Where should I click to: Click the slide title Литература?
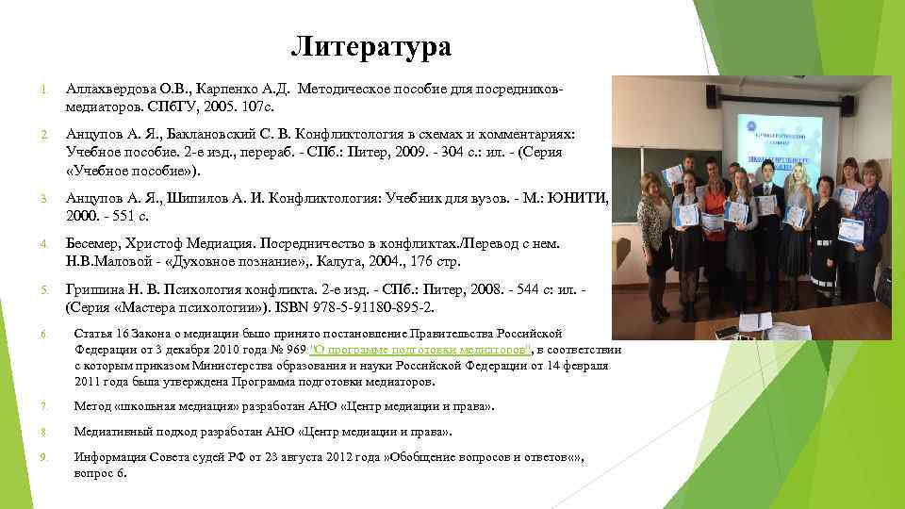click(x=370, y=46)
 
